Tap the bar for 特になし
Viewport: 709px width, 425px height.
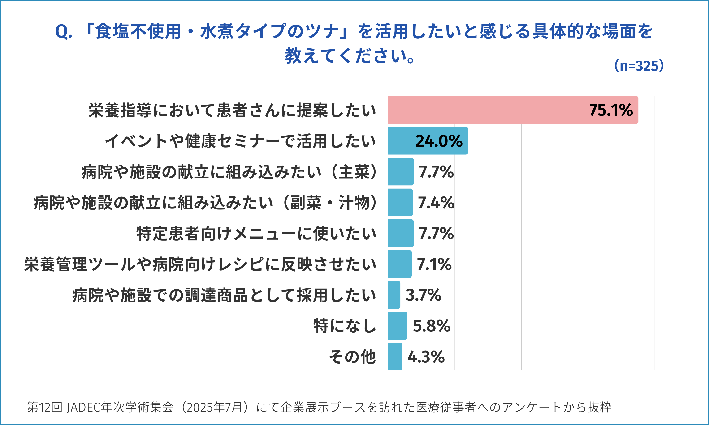pyautogui.click(x=398, y=326)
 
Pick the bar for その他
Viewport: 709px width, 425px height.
pyautogui.click(x=395, y=357)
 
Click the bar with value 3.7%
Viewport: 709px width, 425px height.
pyautogui.click(x=394, y=295)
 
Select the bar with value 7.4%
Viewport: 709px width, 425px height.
pyautogui.click(x=400, y=203)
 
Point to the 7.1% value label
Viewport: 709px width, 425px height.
pyautogui.click(x=434, y=264)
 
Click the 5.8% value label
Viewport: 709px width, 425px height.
pyautogui.click(x=432, y=326)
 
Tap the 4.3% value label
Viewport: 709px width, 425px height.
pyautogui.click(x=426, y=357)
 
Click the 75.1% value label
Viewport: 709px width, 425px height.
pyautogui.click(x=611, y=110)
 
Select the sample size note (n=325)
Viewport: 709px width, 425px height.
pyautogui.click(x=639, y=66)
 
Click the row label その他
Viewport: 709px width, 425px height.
pyautogui.click(x=352, y=357)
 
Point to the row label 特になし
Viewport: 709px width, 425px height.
pyautogui.click(x=345, y=326)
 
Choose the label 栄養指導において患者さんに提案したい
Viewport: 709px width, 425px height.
pyautogui.click(x=232, y=110)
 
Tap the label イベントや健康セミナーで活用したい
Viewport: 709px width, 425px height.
pyautogui.click(x=240, y=141)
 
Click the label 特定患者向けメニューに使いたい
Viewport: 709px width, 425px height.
pyautogui.click(x=256, y=234)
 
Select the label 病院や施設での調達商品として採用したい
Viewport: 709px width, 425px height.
pyautogui.click(x=224, y=295)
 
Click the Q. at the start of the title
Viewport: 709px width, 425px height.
pyautogui.click(x=63, y=31)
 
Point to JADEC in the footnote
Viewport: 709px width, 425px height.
pyautogui.click(x=83, y=407)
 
